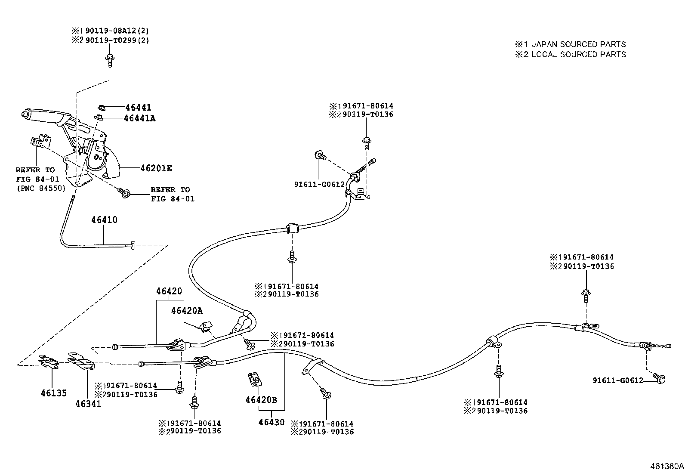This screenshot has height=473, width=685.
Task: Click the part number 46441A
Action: (x=139, y=118)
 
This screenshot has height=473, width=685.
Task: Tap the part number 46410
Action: (x=104, y=220)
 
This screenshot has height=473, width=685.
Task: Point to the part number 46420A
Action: (x=186, y=310)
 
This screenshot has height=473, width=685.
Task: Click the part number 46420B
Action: (x=261, y=400)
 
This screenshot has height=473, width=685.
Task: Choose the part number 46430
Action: (x=272, y=422)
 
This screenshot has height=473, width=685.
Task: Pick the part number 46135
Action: (x=54, y=393)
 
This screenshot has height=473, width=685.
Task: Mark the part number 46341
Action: (x=88, y=403)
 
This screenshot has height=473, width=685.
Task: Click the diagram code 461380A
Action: (x=666, y=466)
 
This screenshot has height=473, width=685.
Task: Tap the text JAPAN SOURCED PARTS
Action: (x=578, y=44)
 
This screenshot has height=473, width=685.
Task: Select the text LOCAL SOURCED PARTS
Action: (x=578, y=54)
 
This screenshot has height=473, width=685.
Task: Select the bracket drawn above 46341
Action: (x=82, y=361)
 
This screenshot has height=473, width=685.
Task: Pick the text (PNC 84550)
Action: (x=41, y=188)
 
